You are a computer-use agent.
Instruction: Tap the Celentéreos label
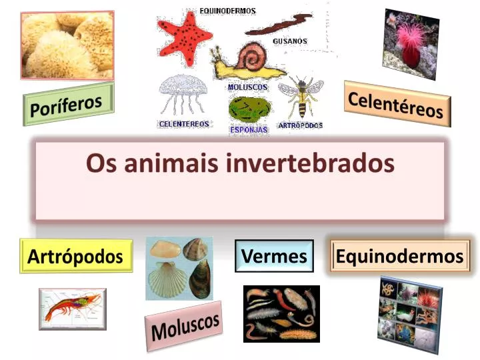[x=397, y=103]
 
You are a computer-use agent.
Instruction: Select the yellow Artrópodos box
[x=75, y=256]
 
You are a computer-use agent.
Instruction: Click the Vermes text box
[x=274, y=256]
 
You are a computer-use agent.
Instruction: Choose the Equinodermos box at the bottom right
[x=399, y=256]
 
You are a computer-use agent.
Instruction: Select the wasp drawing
[x=302, y=97]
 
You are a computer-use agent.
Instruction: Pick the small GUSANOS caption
[x=290, y=41]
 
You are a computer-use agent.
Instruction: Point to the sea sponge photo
[x=66, y=43]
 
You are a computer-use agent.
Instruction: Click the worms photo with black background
[x=281, y=313]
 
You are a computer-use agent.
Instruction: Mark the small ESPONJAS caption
[x=249, y=130]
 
